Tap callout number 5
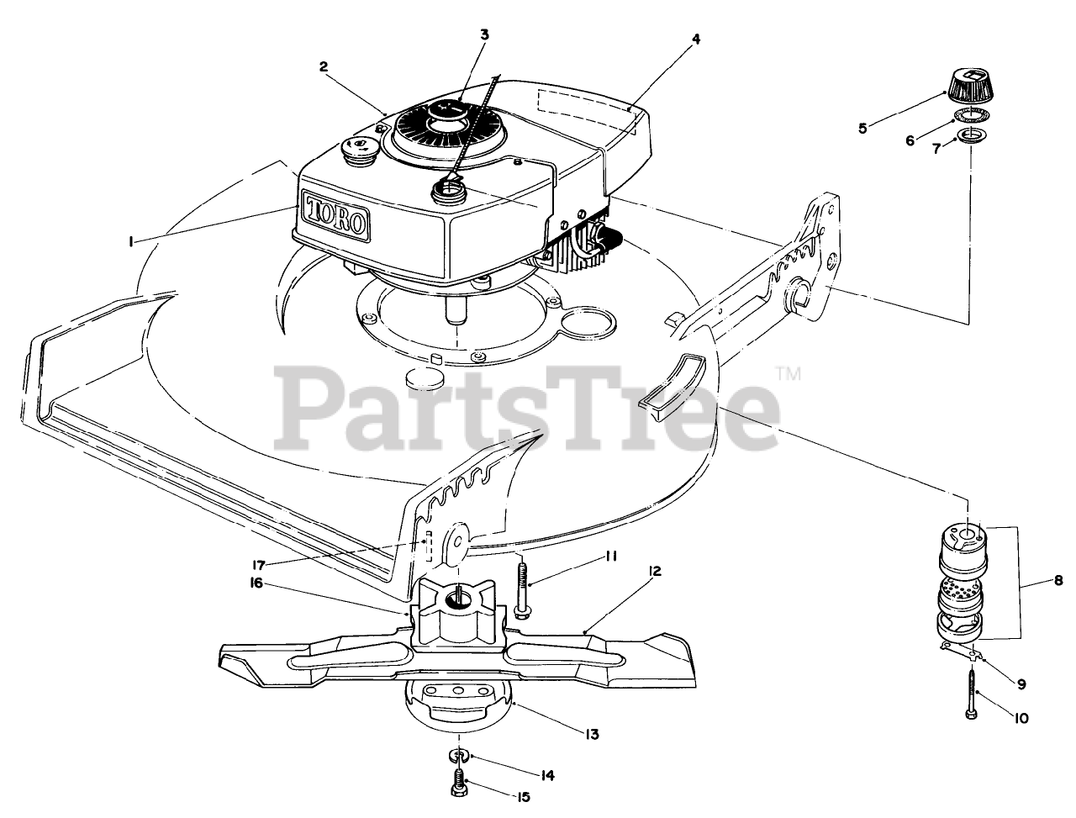point(862,128)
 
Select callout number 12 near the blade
point(655,572)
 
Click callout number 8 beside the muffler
point(1058,580)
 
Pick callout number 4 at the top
point(695,39)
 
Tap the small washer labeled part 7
point(969,135)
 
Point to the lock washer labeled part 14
point(458,757)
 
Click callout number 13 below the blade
point(591,734)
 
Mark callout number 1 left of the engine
point(130,241)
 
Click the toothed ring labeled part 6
point(973,116)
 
